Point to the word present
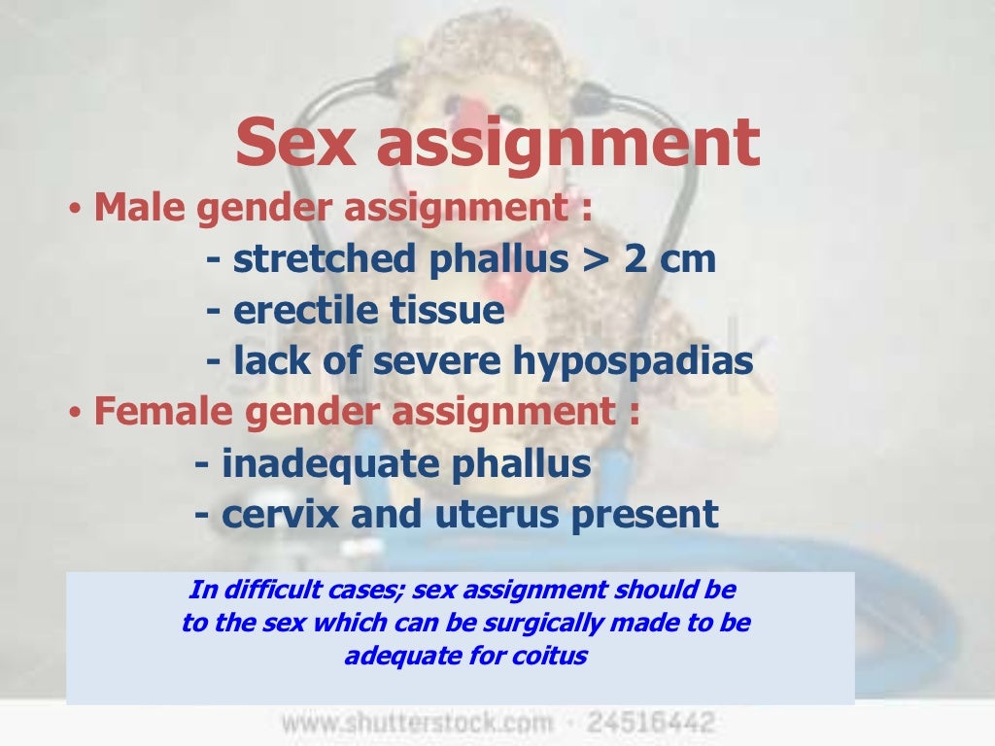(x=645, y=515)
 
